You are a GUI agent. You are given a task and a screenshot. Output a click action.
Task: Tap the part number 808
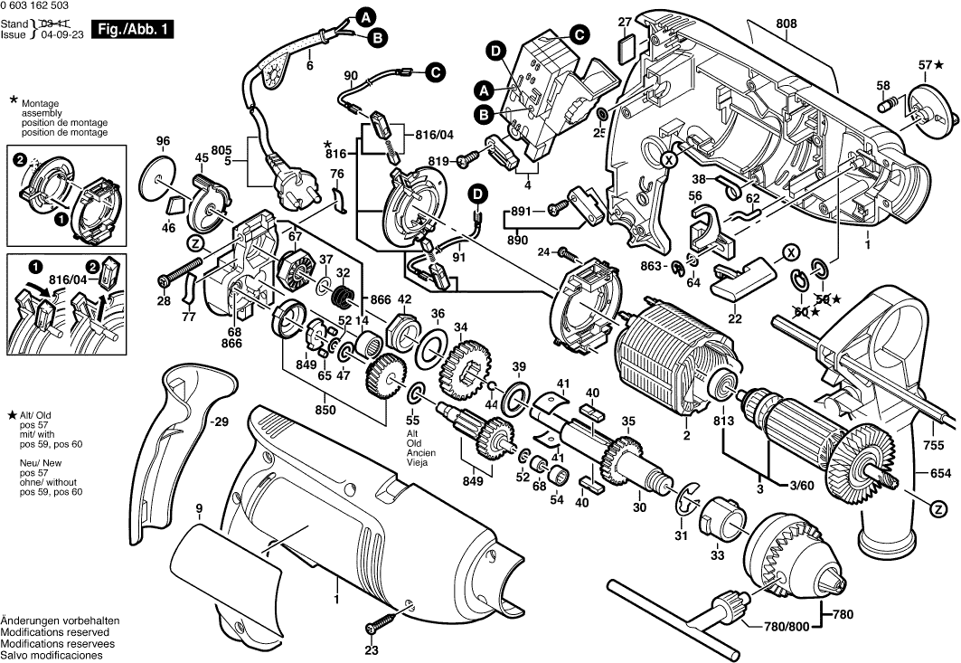(787, 24)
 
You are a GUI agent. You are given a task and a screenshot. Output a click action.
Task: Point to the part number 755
(935, 445)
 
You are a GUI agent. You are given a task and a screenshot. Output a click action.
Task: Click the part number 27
(624, 22)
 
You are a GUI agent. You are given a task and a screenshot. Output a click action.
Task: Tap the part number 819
(438, 160)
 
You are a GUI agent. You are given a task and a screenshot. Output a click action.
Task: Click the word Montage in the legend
(39, 104)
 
